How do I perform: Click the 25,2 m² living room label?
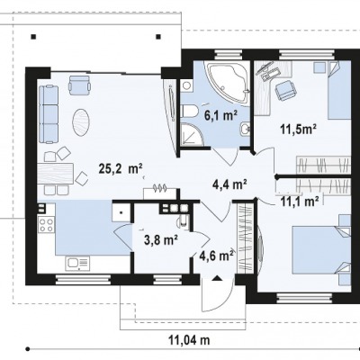pyautogui.click(x=121, y=168)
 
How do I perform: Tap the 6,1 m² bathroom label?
pyautogui.click(x=220, y=115)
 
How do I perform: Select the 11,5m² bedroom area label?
pyautogui.click(x=299, y=129)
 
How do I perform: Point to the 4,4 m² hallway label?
pyautogui.click(x=229, y=184)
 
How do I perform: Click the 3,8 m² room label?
pyautogui.click(x=161, y=239)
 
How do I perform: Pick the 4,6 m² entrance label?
pyautogui.click(x=217, y=256)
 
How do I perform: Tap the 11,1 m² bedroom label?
pyautogui.click(x=300, y=201)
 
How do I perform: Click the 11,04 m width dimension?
pyautogui.click(x=189, y=340)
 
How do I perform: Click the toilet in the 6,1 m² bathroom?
pyautogui.click(x=189, y=112)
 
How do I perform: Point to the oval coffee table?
pyautogui.click(x=80, y=121)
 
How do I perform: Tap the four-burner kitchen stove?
pyautogui.click(x=46, y=225)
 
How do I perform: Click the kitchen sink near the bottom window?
pyautogui.click(x=77, y=263)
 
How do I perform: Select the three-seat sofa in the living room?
pyautogui.click(x=48, y=113)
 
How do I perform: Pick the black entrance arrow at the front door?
pyautogui.click(x=216, y=278)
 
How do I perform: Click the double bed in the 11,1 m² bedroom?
pyautogui.click(x=319, y=250)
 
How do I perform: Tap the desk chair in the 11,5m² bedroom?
pyautogui.click(x=284, y=91)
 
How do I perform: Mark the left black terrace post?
pyautogui.click(x=33, y=37)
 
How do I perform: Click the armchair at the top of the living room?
pyautogui.click(x=79, y=85)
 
